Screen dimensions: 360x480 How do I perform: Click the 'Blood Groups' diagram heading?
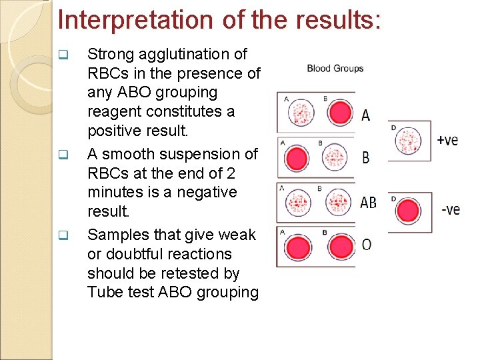pos(335,68)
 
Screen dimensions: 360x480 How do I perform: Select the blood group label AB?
pos(368,203)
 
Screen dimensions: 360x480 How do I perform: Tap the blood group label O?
pos(366,245)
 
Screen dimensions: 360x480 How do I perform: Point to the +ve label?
pos(447,140)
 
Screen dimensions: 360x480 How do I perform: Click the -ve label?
pos(450,210)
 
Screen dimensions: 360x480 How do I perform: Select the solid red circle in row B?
pos(297,159)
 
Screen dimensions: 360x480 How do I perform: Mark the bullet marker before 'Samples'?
pos(63,235)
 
